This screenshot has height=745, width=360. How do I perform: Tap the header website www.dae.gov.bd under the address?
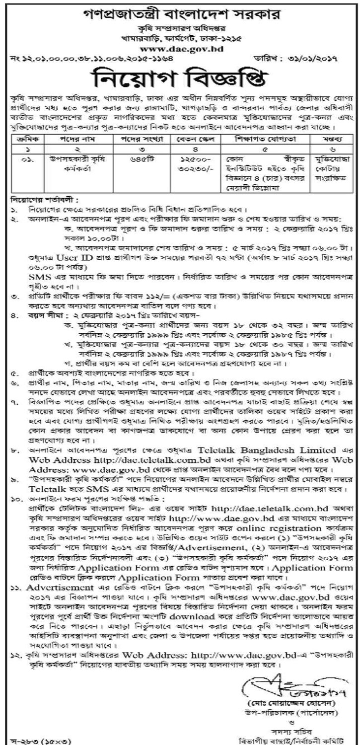180,49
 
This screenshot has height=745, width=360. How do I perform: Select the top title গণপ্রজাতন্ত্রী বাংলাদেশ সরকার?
179,11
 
